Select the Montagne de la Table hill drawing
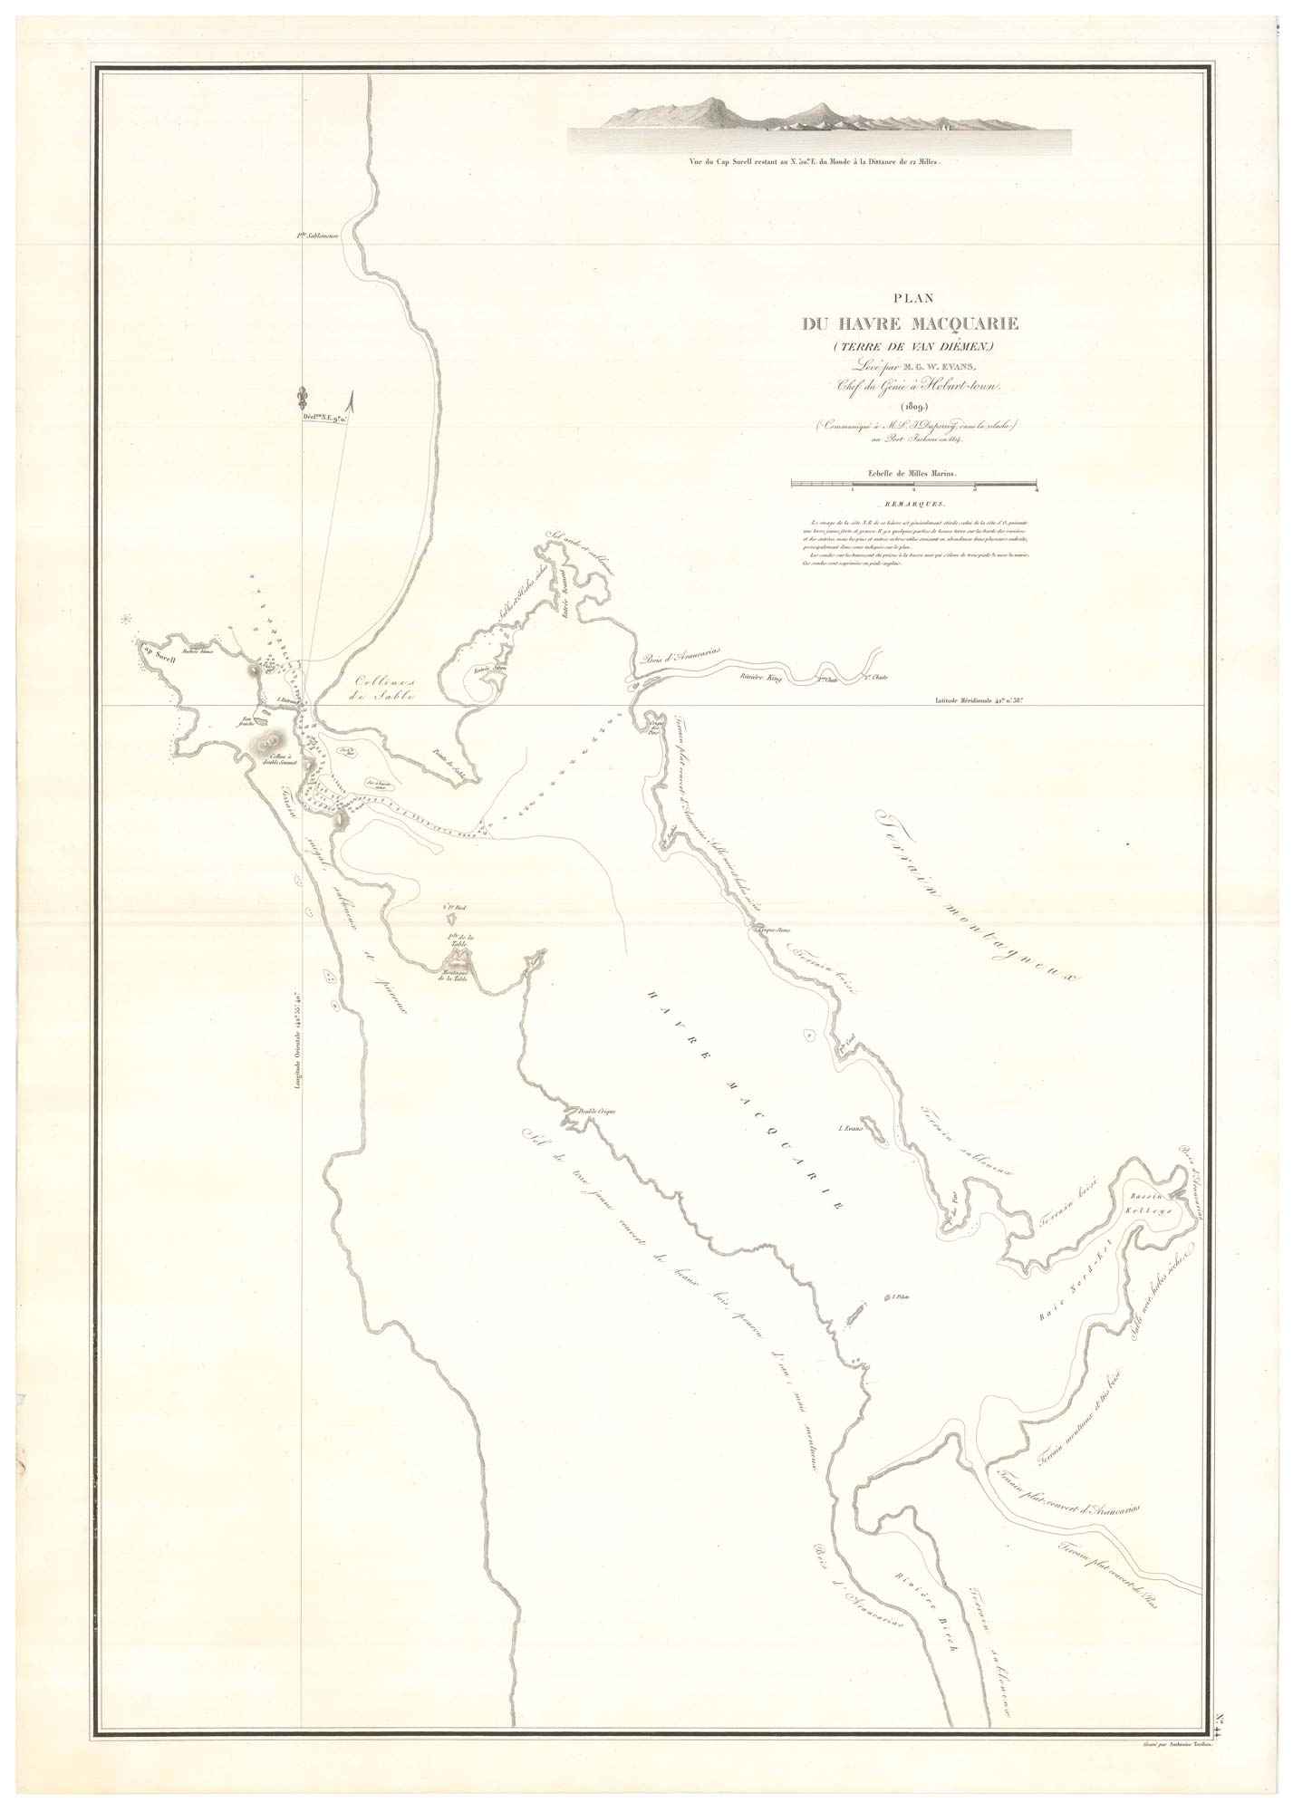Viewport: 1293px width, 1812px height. pyautogui.click(x=453, y=958)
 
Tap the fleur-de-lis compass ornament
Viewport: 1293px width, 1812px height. pyautogui.click(x=301, y=398)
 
